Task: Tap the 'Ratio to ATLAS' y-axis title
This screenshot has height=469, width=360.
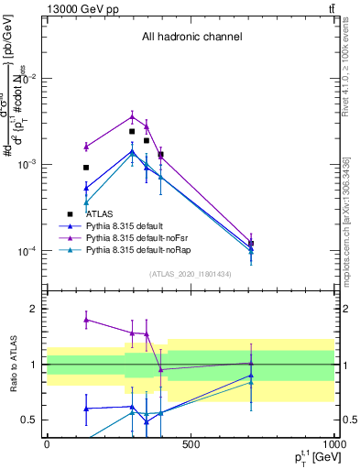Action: point(12,364)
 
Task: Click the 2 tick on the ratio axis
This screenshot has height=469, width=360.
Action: point(35,309)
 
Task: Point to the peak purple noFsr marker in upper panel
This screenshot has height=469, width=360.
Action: point(132,116)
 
